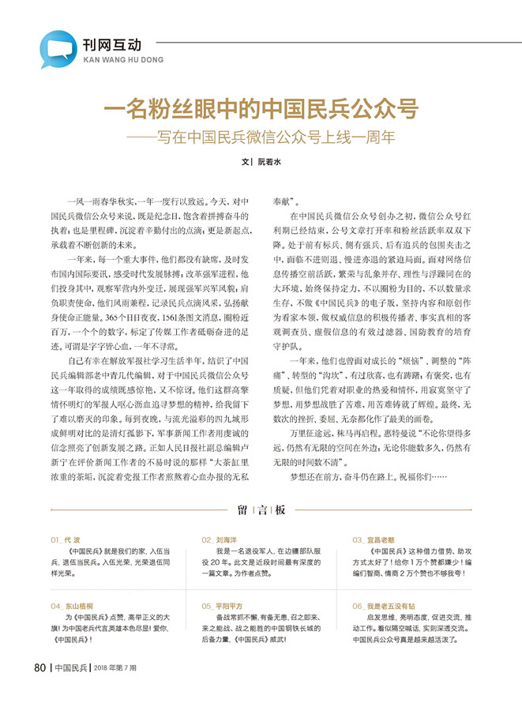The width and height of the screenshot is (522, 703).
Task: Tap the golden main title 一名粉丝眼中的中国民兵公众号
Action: (x=261, y=108)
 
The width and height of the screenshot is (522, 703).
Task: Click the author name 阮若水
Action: (x=269, y=161)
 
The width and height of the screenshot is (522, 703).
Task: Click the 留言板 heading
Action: (x=261, y=511)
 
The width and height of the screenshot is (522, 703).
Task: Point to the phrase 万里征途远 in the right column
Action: (x=308, y=433)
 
